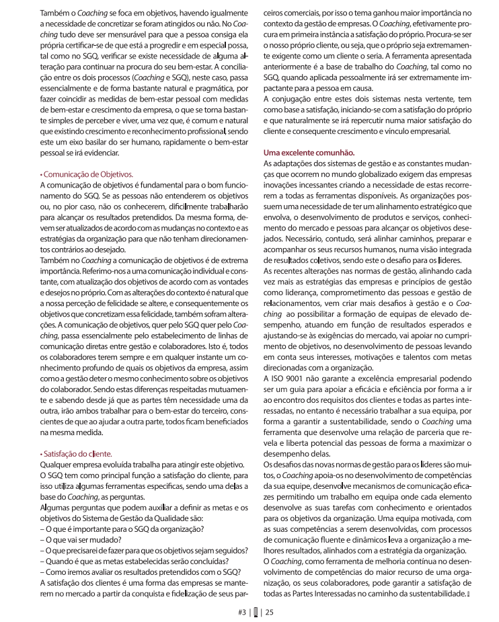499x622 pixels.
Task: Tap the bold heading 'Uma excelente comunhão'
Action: point(309,153)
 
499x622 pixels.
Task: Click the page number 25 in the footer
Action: point(269,611)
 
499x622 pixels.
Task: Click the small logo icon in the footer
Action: point(256,611)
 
